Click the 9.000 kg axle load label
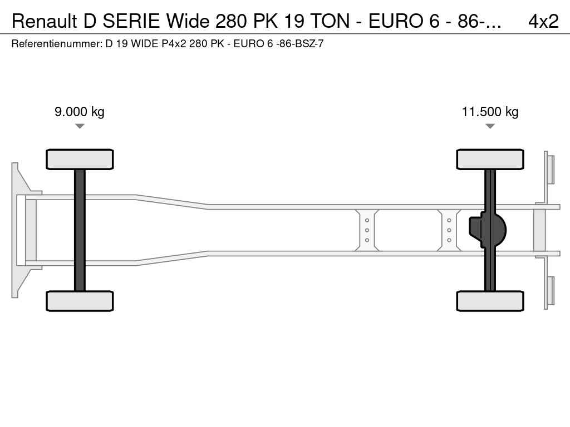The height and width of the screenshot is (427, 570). tap(80, 111)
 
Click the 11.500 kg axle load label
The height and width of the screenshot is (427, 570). tap(490, 111)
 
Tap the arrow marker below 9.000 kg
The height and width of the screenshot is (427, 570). tap(80, 126)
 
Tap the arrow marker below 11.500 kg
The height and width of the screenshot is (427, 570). tap(490, 126)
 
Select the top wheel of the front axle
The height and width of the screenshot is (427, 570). tap(80, 159)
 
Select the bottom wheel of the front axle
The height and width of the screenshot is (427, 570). tap(80, 301)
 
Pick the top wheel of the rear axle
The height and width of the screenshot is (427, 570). tap(490, 159)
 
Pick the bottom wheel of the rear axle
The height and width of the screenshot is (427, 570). tap(490, 301)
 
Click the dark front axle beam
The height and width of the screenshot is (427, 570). tap(80, 230)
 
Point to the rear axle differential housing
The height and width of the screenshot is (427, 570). tap(487, 230)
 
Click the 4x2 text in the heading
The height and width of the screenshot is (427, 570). tap(543, 22)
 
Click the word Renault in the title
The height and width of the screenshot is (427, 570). tap(45, 22)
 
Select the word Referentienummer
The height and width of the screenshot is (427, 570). tap(57, 44)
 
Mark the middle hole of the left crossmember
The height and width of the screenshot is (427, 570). tap(367, 230)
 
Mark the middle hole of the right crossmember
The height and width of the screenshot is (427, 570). tap(449, 230)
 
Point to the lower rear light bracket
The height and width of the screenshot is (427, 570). tap(549, 291)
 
